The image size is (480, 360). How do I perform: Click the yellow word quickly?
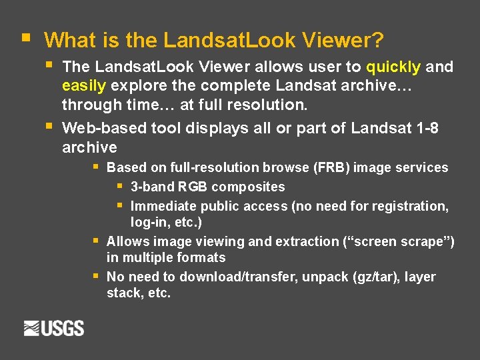[393, 67]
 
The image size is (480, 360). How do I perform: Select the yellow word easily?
[85, 86]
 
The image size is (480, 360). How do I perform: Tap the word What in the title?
[71, 41]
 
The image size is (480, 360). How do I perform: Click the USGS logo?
[54, 328]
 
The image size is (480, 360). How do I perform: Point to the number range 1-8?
[427, 128]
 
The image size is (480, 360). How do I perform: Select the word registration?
[407, 207]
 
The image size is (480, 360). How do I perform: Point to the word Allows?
[127, 241]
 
